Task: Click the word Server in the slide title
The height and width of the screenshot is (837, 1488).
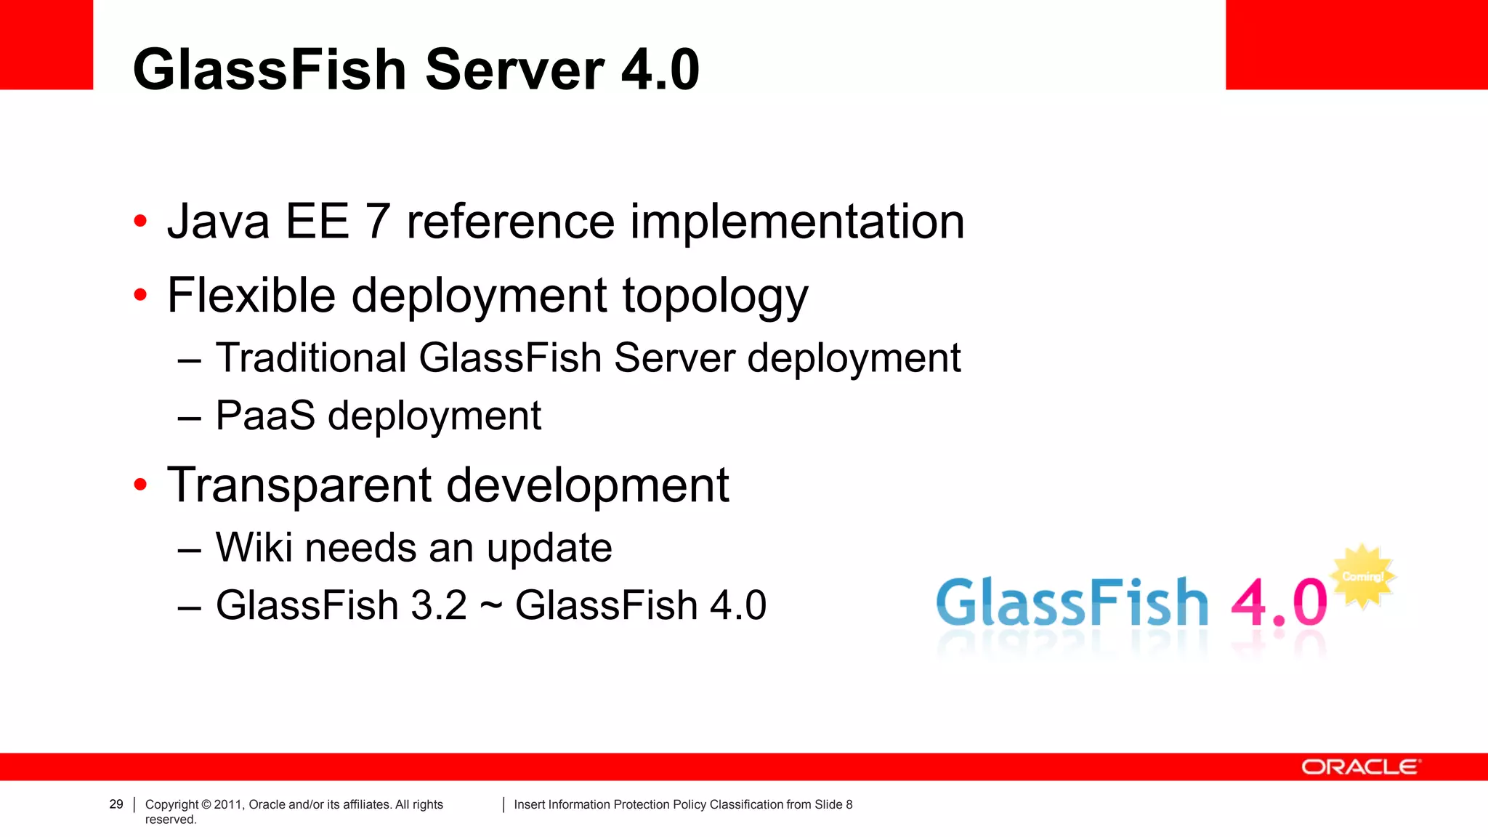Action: (x=514, y=70)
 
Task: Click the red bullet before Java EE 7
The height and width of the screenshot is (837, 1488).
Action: (x=140, y=221)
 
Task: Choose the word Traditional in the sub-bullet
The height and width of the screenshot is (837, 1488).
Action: (x=311, y=357)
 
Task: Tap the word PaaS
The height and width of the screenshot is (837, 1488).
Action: (x=265, y=416)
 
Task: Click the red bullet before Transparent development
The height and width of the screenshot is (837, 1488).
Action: (x=140, y=485)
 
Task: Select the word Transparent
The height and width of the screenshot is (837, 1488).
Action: (x=299, y=485)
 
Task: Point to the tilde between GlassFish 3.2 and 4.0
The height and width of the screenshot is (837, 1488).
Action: (x=491, y=606)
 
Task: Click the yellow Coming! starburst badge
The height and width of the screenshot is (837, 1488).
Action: (x=1363, y=576)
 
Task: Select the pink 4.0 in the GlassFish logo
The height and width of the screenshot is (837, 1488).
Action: (x=1279, y=602)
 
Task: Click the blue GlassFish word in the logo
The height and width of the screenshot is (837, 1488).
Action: (x=1072, y=603)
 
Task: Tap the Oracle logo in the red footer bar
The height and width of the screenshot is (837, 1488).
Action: (x=1359, y=767)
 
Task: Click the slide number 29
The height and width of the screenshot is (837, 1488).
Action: (x=116, y=804)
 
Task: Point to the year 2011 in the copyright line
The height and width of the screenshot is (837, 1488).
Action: (x=228, y=804)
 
